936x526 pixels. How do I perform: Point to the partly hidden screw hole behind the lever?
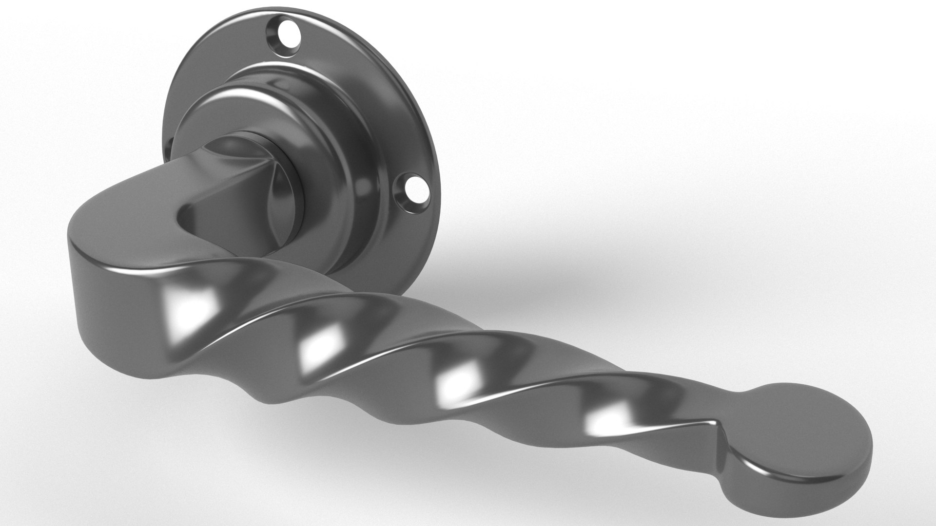tap(170, 146)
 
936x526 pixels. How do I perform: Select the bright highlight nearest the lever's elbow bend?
tap(188, 305)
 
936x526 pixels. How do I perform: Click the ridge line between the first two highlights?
tap(253, 321)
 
